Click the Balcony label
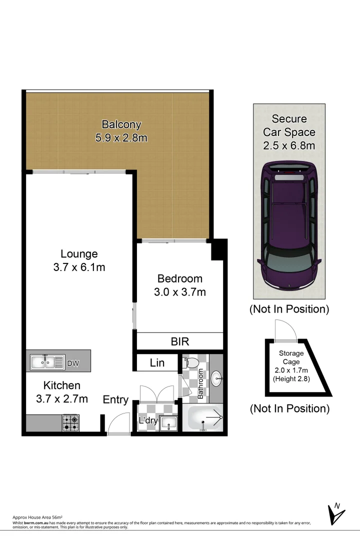coord(121,124)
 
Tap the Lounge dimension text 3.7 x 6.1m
coord(79,267)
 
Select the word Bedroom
coord(179,278)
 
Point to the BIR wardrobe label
coord(179,341)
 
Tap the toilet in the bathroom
coord(191,362)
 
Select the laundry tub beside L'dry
coord(168,423)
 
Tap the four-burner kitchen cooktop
coord(70,423)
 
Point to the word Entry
coord(115,400)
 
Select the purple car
coord(289,227)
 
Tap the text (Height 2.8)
coord(291,378)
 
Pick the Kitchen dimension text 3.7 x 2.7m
coord(62,398)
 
